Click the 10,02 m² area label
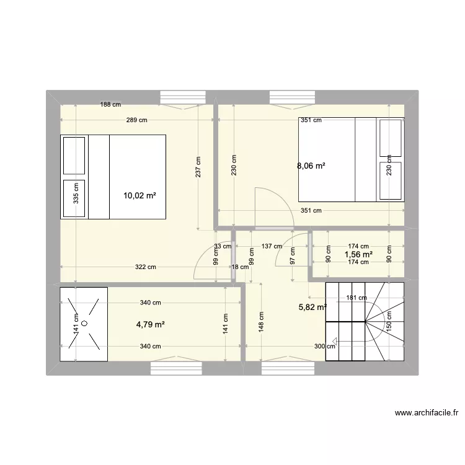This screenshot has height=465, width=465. [x=139, y=195]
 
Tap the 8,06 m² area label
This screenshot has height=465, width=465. [x=311, y=166]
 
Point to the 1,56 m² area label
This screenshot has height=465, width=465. [x=358, y=254]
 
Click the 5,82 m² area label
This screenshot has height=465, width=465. [x=313, y=307]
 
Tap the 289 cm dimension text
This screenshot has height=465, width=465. [x=136, y=120]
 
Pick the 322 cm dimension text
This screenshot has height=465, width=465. [x=145, y=267]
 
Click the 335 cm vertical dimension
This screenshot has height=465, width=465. [x=76, y=192]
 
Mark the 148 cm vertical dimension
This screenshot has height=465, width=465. [x=262, y=322]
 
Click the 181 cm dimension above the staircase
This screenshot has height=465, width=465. [x=356, y=298]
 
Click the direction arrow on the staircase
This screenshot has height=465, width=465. [x=335, y=340]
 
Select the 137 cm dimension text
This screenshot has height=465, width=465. [x=272, y=246]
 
